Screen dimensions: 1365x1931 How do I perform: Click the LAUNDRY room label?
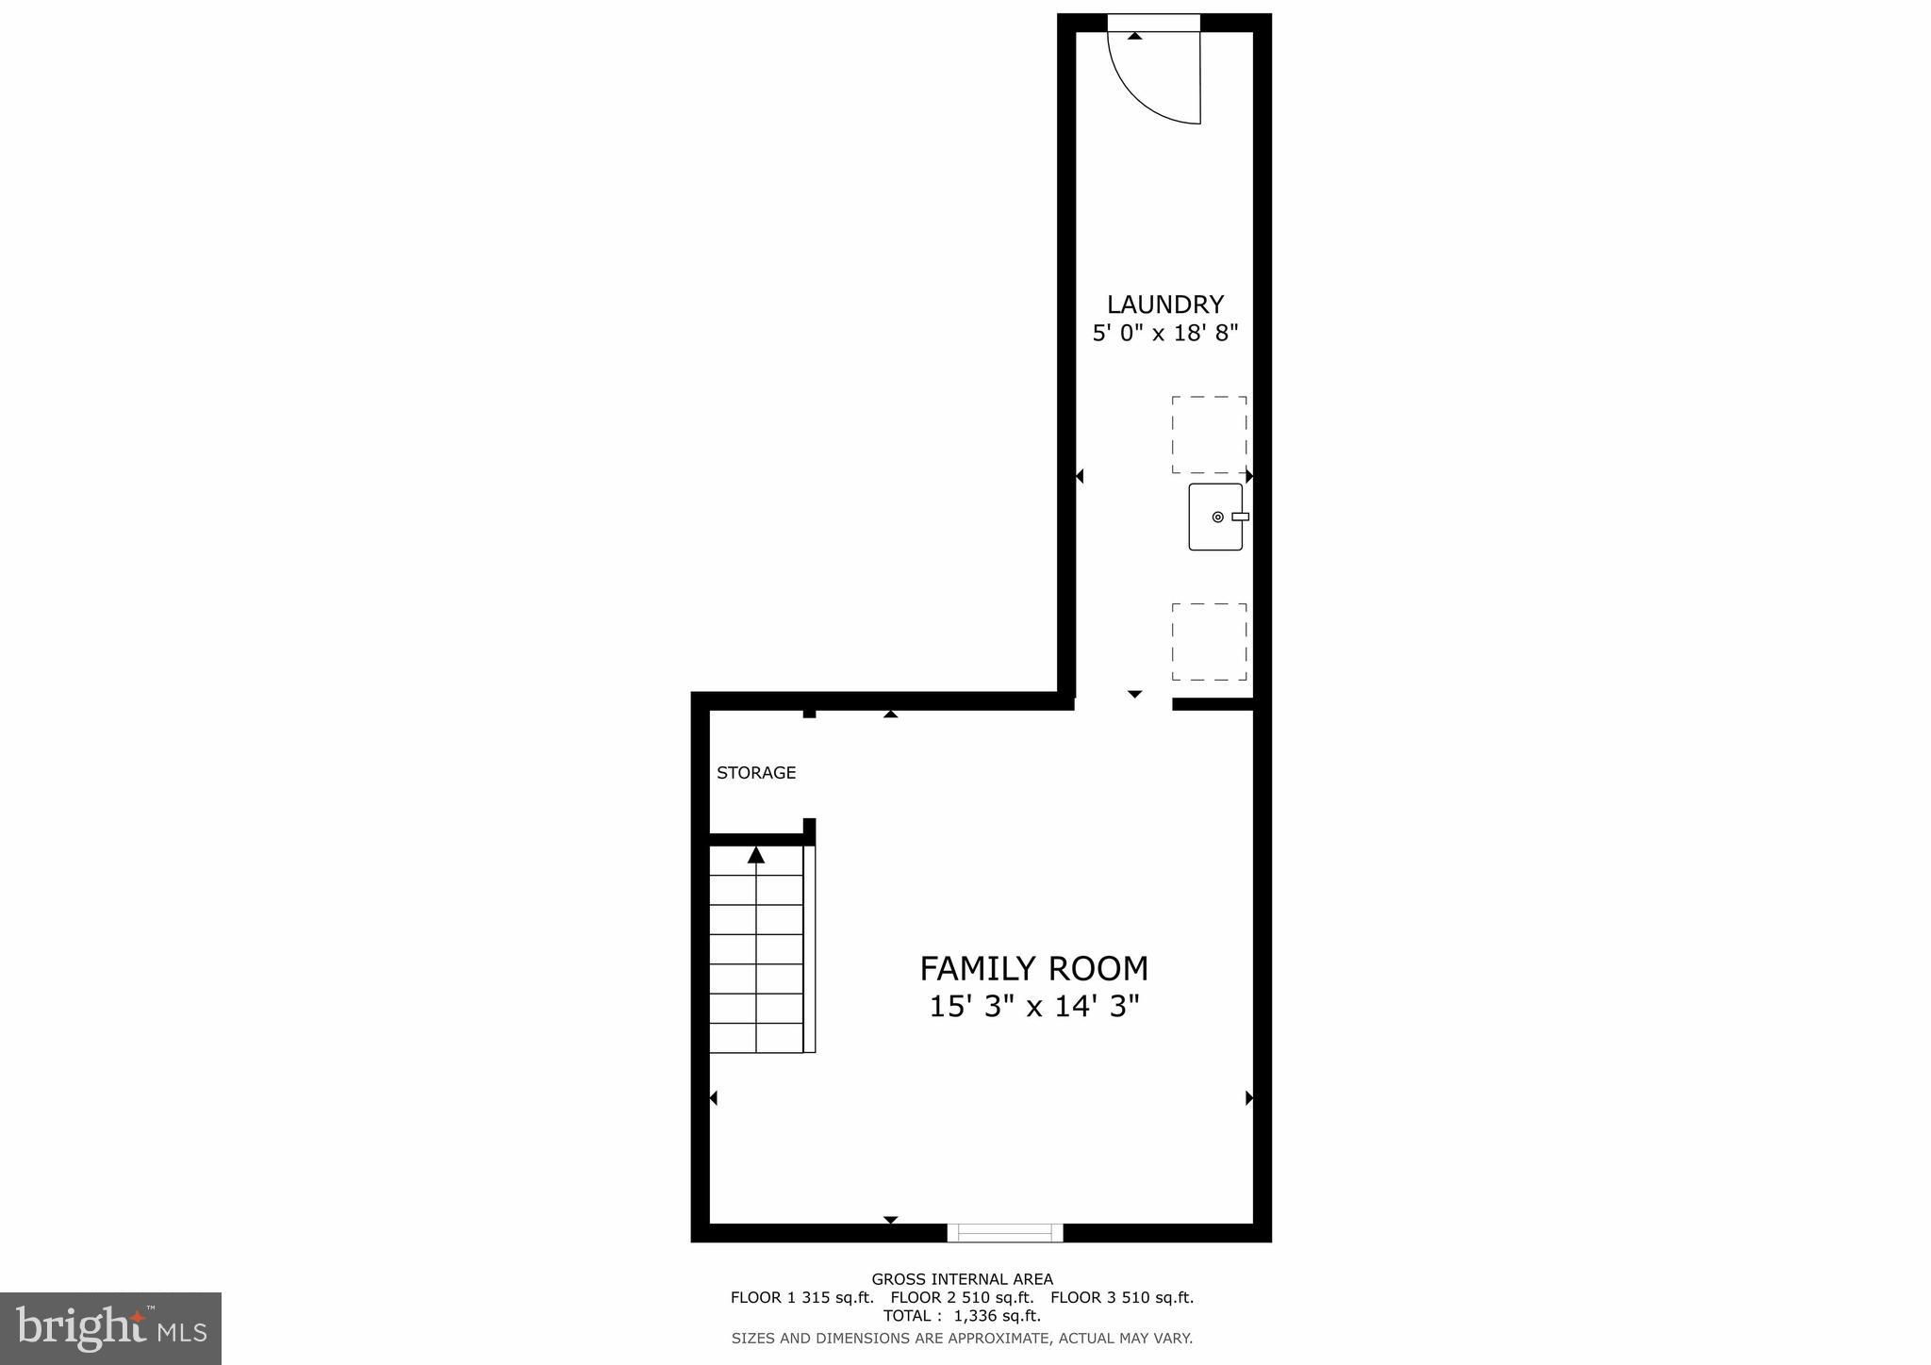point(1164,304)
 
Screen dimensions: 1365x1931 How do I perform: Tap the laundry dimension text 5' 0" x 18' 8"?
point(1164,333)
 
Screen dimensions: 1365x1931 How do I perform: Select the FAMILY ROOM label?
point(1033,969)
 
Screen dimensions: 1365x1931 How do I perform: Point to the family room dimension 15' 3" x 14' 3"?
point(1034,1007)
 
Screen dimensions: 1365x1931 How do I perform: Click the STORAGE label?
point(756,773)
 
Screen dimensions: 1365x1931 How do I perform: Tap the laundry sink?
point(1214,517)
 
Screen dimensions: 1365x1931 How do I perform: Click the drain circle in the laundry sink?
point(1217,517)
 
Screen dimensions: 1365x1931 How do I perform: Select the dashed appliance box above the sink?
point(1209,435)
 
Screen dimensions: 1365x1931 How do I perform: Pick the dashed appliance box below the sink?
point(1209,642)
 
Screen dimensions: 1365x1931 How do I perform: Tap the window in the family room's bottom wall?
point(1005,1232)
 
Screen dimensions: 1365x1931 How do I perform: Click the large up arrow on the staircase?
point(756,855)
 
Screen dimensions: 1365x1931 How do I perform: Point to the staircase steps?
point(756,962)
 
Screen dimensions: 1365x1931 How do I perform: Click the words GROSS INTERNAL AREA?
point(962,1279)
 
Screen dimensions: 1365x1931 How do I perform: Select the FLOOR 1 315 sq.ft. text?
point(801,1298)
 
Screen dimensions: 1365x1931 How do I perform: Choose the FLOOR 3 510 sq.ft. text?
point(1122,1298)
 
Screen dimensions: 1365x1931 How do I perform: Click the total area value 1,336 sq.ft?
point(997,1316)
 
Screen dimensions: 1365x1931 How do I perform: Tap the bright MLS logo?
point(111,1328)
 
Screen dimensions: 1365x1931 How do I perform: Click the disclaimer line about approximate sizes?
point(962,1338)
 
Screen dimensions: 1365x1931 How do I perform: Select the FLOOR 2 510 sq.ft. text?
point(962,1298)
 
